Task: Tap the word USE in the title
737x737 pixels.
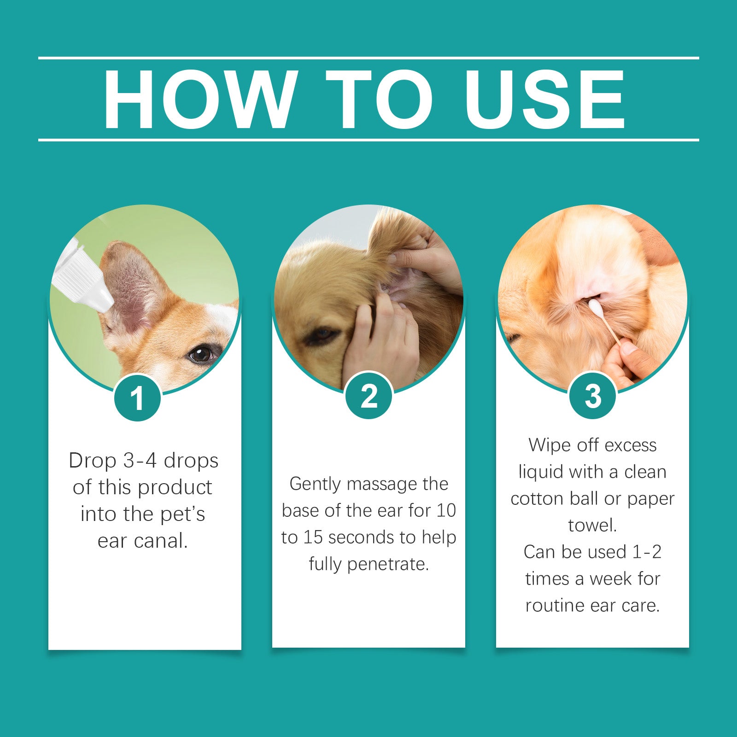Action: [544, 99]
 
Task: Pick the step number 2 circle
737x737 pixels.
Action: [368, 395]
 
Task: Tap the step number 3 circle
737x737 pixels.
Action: [592, 395]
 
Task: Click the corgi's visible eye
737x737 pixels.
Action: [201, 354]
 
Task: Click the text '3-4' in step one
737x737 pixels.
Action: [140, 460]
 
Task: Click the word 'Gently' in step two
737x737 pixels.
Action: [315, 484]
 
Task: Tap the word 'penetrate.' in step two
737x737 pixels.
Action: [388, 564]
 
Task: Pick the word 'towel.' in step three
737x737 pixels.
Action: [592, 525]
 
